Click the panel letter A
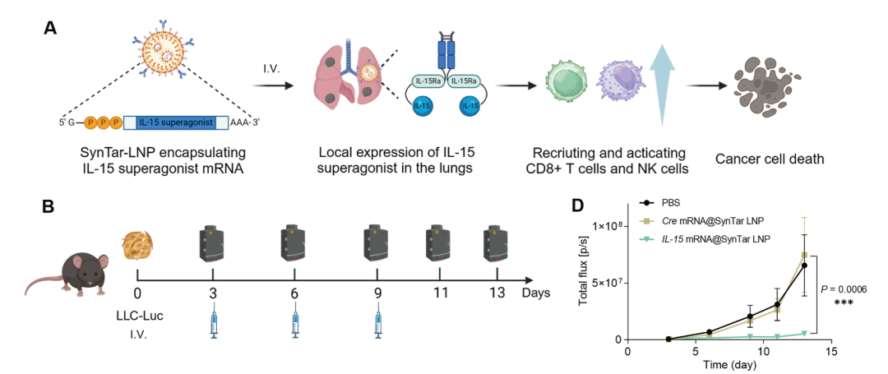[x=51, y=27]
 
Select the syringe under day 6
[x=294, y=326]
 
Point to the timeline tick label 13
[x=497, y=293]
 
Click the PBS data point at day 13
[x=804, y=265]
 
